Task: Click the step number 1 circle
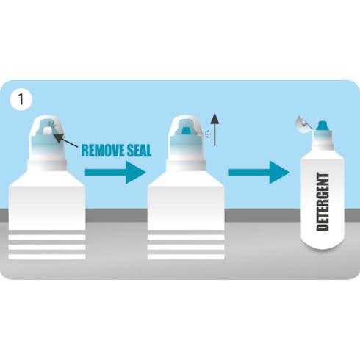click(21, 99)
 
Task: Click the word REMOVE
click(101, 150)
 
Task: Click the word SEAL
click(137, 150)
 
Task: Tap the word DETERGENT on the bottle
click(323, 202)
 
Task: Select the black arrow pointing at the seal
click(65, 140)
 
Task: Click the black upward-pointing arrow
click(215, 129)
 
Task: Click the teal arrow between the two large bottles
click(115, 172)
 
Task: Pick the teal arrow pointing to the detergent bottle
click(259, 172)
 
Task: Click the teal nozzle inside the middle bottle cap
click(187, 131)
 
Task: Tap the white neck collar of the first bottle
click(47, 165)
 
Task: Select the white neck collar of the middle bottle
click(186, 165)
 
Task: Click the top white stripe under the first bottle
click(47, 237)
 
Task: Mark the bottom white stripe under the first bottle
click(47, 257)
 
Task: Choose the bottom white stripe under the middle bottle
click(186, 257)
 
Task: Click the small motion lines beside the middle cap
click(208, 134)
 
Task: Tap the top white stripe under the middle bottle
click(186, 237)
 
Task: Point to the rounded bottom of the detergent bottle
click(323, 244)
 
